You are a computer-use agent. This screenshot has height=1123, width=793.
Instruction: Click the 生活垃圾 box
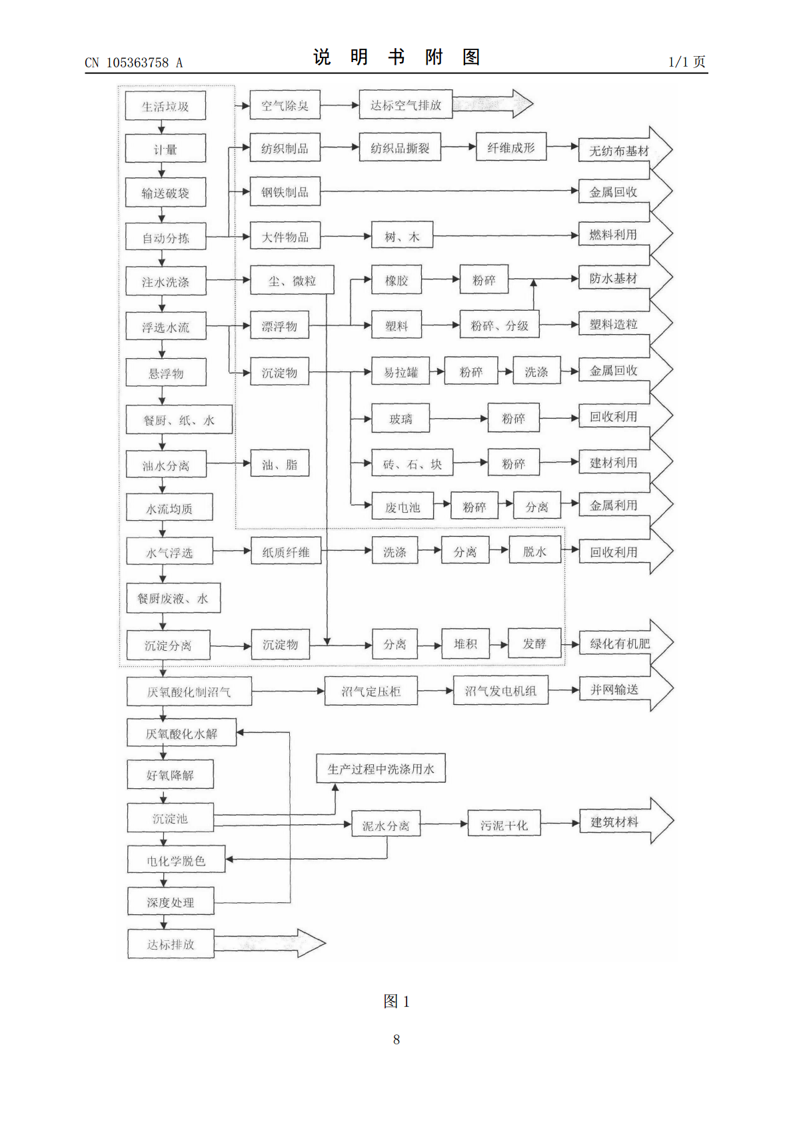(165, 106)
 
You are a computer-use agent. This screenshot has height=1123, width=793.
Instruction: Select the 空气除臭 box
(285, 105)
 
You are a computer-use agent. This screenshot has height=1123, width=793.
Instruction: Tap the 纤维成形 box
(511, 147)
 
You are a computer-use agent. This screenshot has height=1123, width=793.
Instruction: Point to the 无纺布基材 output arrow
(625, 149)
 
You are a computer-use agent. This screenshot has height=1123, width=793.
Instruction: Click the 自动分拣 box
(166, 237)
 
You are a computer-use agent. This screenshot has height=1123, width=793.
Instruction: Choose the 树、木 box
(402, 235)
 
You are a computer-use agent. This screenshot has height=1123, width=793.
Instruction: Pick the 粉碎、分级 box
(499, 324)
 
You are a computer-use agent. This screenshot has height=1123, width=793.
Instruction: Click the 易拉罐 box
(400, 371)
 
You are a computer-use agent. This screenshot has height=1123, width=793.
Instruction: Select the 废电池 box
(402, 506)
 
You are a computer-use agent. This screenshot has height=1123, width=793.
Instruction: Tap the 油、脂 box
(279, 463)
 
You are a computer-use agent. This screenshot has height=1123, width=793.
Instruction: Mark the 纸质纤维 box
(286, 551)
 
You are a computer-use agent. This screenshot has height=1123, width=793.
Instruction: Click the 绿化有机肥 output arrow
(626, 642)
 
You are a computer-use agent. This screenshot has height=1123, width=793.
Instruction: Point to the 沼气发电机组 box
(500, 690)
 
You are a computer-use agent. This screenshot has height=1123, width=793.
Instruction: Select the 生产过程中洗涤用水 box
(381, 768)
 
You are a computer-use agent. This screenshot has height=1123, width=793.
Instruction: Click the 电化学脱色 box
(177, 860)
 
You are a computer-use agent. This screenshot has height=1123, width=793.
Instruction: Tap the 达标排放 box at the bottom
(171, 944)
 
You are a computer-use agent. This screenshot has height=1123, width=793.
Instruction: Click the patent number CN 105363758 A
(133, 63)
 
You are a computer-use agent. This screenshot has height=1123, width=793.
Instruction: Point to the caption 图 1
(396, 1001)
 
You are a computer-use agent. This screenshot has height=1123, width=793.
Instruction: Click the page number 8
(396, 1039)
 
